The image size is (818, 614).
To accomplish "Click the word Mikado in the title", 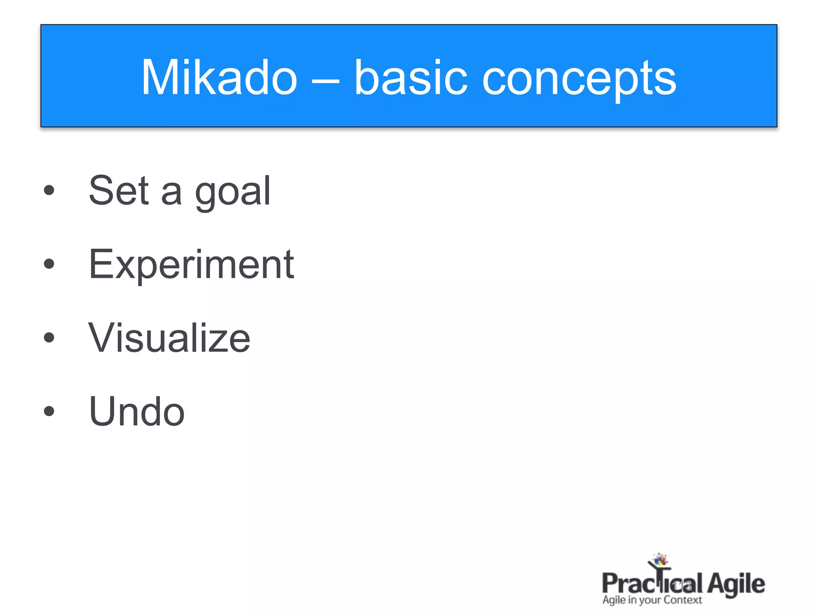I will coord(219,78).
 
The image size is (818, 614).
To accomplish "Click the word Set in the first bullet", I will coord(119,191).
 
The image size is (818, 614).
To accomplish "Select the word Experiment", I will coord(191,265).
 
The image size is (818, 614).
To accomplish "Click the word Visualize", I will coord(169,338).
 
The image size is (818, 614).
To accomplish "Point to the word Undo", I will coord(137,411).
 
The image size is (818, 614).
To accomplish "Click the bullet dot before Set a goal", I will coord(49,190).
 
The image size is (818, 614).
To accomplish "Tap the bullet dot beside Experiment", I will coord(49,264).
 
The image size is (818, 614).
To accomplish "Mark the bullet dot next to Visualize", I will coord(49,338).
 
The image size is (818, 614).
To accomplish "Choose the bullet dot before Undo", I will coord(49,411).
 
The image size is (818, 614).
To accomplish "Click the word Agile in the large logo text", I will coord(736,584).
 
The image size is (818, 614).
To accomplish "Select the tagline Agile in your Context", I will coord(652,600).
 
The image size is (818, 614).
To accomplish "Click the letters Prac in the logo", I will coord(627,584).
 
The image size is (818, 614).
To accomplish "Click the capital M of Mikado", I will coord(159,78).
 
